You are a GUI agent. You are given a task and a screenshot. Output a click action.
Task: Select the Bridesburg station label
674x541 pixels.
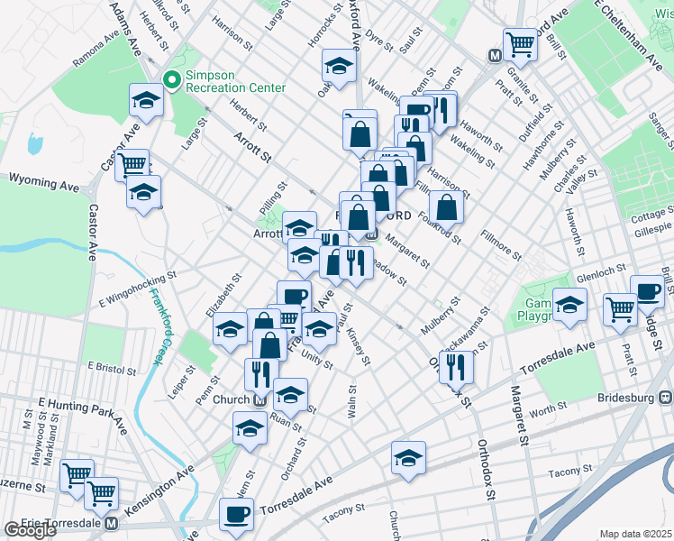[629, 398]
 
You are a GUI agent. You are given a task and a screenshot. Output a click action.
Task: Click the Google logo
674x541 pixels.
[30, 530]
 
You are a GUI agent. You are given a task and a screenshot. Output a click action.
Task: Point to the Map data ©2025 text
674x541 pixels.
[635, 534]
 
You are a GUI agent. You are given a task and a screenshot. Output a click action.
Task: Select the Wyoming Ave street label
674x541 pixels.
[44, 183]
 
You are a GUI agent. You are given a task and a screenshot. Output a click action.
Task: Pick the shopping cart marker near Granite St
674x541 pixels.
[520, 43]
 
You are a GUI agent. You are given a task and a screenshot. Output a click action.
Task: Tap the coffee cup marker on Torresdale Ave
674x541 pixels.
[237, 515]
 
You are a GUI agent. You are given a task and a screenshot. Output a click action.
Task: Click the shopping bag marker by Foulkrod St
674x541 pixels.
[446, 206]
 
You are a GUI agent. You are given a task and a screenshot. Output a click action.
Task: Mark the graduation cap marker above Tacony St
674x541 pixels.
[408, 458]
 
